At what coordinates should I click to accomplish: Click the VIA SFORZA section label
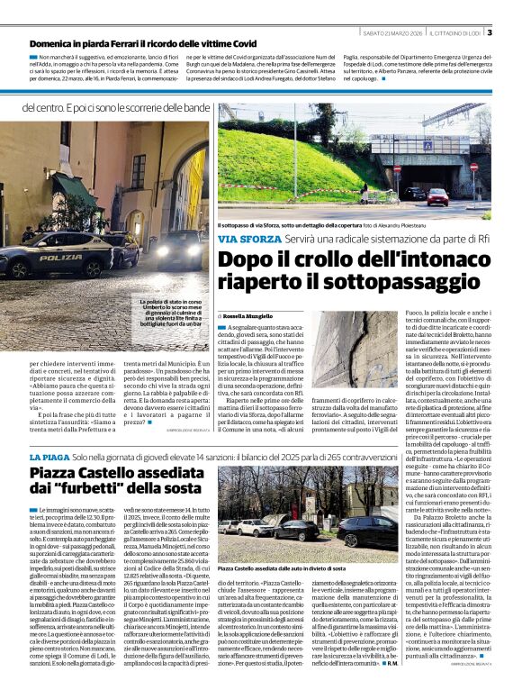point(249,238)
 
